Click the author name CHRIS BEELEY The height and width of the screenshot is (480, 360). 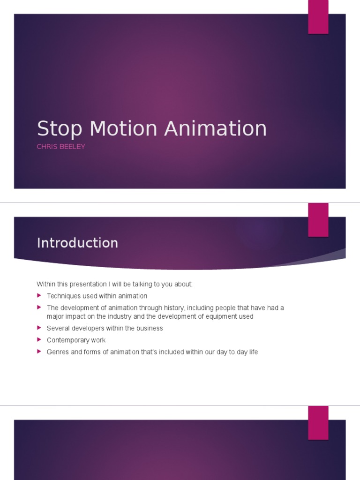point(61,147)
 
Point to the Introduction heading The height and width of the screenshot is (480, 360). point(77,243)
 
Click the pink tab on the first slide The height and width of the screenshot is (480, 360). point(318,17)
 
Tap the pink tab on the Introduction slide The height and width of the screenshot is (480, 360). point(318,220)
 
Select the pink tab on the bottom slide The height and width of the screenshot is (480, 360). point(318,423)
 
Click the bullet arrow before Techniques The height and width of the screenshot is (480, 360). point(39,296)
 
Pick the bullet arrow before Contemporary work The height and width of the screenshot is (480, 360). point(39,340)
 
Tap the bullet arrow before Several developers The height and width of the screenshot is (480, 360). point(39,328)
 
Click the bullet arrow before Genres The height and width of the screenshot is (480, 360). point(39,352)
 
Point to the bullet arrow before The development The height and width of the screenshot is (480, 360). point(39,307)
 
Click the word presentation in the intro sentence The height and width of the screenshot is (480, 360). point(85,284)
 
